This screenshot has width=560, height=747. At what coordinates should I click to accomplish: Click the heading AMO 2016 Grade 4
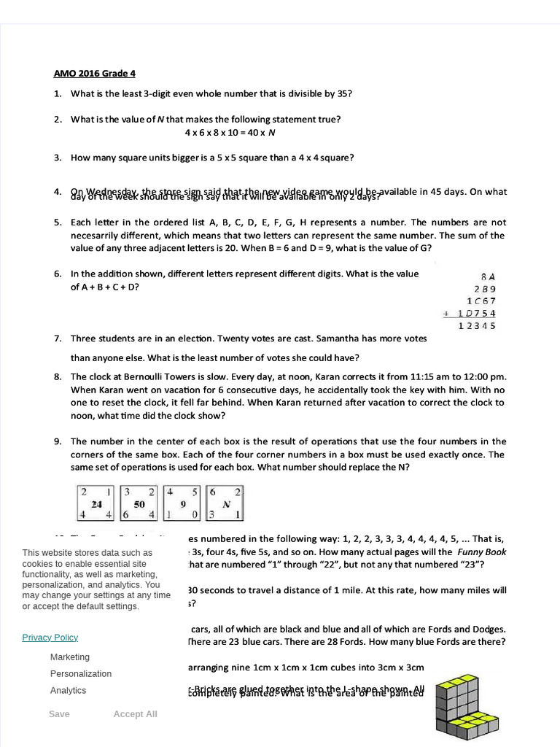tap(95, 74)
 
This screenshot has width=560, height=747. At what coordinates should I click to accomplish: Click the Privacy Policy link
tap(50, 638)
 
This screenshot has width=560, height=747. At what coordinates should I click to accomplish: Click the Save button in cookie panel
tap(59, 714)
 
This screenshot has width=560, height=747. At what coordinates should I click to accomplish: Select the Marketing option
tap(70, 657)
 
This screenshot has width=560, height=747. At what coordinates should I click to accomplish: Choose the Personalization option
tap(81, 674)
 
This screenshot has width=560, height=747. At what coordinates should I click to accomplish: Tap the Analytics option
tap(68, 691)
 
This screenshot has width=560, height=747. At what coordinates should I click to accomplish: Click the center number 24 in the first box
tap(96, 504)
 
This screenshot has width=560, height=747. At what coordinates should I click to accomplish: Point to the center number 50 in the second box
tap(139, 504)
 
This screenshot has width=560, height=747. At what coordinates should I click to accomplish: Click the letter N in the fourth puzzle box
tap(226, 504)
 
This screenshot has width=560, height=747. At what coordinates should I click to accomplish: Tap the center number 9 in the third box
tap(182, 504)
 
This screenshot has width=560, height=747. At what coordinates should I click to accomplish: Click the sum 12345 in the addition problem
tap(477, 326)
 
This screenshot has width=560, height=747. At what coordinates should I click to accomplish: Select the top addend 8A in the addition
tap(488, 276)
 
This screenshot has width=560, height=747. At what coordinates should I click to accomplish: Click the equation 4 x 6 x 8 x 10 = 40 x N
tap(230, 133)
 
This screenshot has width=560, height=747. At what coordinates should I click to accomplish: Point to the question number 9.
tap(57, 441)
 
